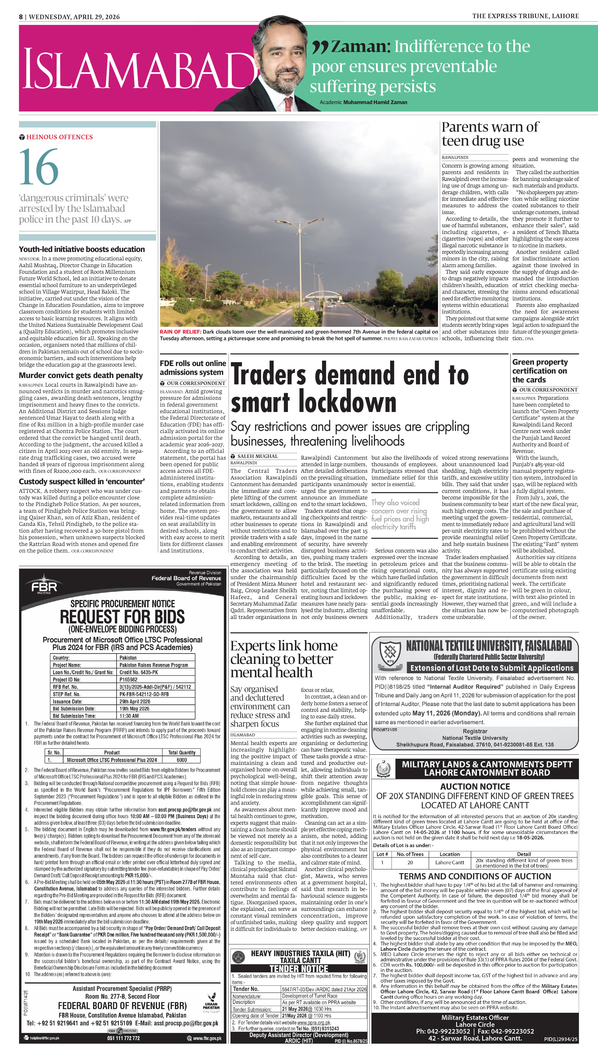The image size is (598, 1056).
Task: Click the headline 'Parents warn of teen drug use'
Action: click(490, 134)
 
